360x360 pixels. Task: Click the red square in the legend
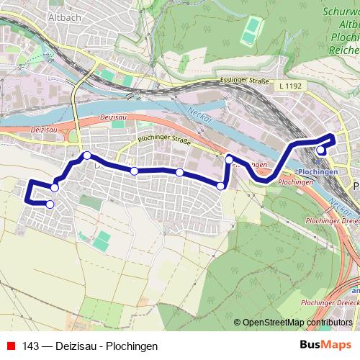click(x=10, y=346)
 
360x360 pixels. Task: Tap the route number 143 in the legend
click(x=31, y=346)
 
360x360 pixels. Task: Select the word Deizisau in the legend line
click(x=76, y=346)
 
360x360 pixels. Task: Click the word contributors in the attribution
click(x=330, y=323)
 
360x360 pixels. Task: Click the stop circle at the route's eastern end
click(x=320, y=150)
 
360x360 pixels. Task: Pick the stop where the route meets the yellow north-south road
click(x=86, y=156)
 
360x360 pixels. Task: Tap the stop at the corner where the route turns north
click(x=220, y=186)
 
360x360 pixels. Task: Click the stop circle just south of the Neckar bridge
click(x=228, y=158)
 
